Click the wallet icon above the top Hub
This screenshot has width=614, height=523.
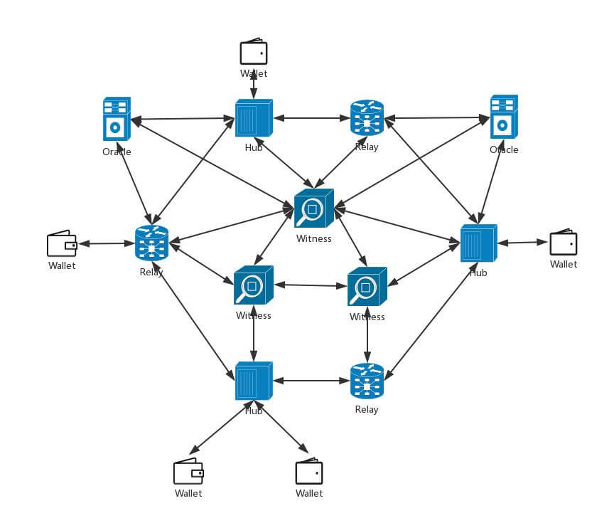click(x=254, y=53)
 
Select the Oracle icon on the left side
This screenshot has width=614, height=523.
click(x=117, y=118)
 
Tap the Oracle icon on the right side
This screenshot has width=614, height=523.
click(x=503, y=117)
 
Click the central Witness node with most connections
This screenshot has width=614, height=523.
click(x=313, y=208)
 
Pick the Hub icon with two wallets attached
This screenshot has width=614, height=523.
click(x=253, y=382)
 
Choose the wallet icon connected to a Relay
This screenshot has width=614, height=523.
click(x=62, y=243)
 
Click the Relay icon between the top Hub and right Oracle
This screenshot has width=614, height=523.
click(x=367, y=118)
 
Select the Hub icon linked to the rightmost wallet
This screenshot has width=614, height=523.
click(x=478, y=243)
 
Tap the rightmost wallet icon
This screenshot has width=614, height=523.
click(x=563, y=242)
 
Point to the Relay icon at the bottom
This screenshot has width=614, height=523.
click(x=367, y=381)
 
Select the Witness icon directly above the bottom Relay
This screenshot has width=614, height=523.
click(x=367, y=286)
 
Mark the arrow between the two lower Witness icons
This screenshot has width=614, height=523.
click(x=310, y=285)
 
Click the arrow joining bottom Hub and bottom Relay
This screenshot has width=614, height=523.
click(x=310, y=381)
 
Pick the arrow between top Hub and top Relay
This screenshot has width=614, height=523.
click(x=310, y=118)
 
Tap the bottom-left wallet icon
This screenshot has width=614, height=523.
click(x=188, y=471)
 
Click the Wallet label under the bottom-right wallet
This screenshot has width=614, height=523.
click(x=309, y=493)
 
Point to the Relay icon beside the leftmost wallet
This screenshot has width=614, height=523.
click(x=151, y=243)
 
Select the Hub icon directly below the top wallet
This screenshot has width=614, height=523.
click(x=253, y=118)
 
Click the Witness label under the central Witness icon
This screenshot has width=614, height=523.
click(x=313, y=238)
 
